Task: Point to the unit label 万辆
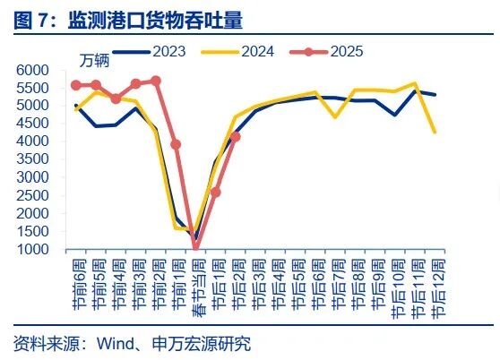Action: (97, 61)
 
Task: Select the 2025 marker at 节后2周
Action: (236, 137)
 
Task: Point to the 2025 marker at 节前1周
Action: (176, 144)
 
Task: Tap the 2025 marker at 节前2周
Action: (156, 81)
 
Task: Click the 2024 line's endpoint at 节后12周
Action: (435, 133)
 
